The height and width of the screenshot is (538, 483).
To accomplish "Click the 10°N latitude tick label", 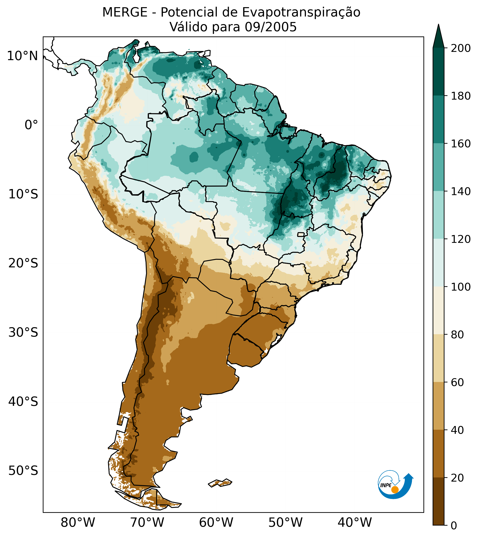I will (x=22, y=56).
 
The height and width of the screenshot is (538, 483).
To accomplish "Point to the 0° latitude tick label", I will (x=31, y=125).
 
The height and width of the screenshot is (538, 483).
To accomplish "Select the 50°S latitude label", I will (x=23, y=471).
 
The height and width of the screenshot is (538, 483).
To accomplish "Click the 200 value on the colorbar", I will (x=461, y=48).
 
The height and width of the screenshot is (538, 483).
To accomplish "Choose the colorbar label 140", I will (x=461, y=192).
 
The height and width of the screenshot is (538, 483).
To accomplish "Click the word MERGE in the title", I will (x=125, y=12).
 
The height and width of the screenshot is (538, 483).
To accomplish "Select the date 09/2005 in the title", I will (x=271, y=27).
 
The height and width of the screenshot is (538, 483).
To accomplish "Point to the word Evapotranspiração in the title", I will (x=301, y=12).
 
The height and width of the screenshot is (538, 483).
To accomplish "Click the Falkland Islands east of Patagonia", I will (x=220, y=483).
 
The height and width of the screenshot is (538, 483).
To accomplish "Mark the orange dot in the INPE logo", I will (x=395, y=490).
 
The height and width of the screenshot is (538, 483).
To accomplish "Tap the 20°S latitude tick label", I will (x=23, y=263).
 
